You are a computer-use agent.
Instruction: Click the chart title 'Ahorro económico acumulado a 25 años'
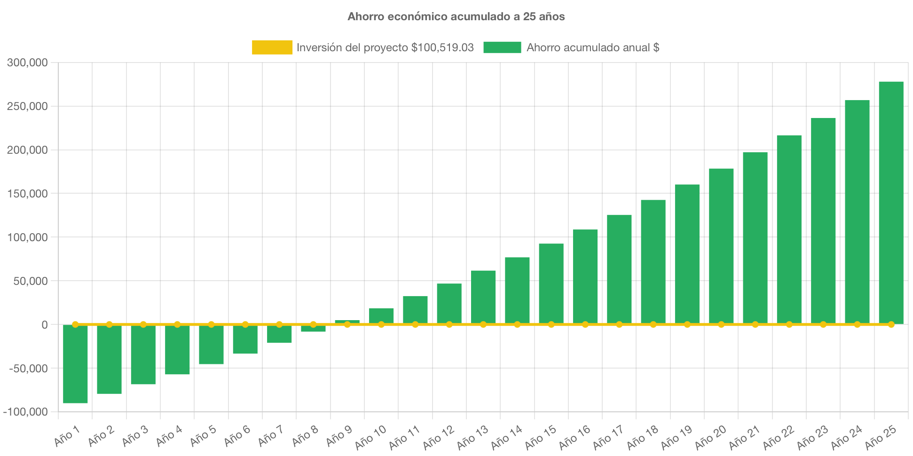tap(456, 16)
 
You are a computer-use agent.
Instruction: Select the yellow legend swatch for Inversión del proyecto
tap(272, 47)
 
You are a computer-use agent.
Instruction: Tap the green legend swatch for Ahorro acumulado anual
tap(502, 47)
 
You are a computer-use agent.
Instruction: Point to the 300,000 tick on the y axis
tap(27, 63)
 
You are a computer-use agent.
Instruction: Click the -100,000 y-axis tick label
tap(26, 412)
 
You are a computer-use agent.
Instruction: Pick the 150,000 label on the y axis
tap(27, 194)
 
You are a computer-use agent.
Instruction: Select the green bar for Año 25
tap(891, 202)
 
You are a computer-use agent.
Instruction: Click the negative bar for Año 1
tap(75, 364)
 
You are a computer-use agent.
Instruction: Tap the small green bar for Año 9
tap(347, 322)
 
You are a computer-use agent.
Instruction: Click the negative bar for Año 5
tap(211, 345)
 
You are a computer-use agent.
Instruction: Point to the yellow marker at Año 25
tap(891, 324)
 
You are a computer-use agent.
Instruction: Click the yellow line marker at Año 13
tap(483, 324)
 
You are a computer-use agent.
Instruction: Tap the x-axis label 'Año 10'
tap(370, 437)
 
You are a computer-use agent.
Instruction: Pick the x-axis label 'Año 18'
tap(642, 437)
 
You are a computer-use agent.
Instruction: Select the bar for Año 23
tap(823, 221)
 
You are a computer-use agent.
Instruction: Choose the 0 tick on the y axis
tap(44, 325)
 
